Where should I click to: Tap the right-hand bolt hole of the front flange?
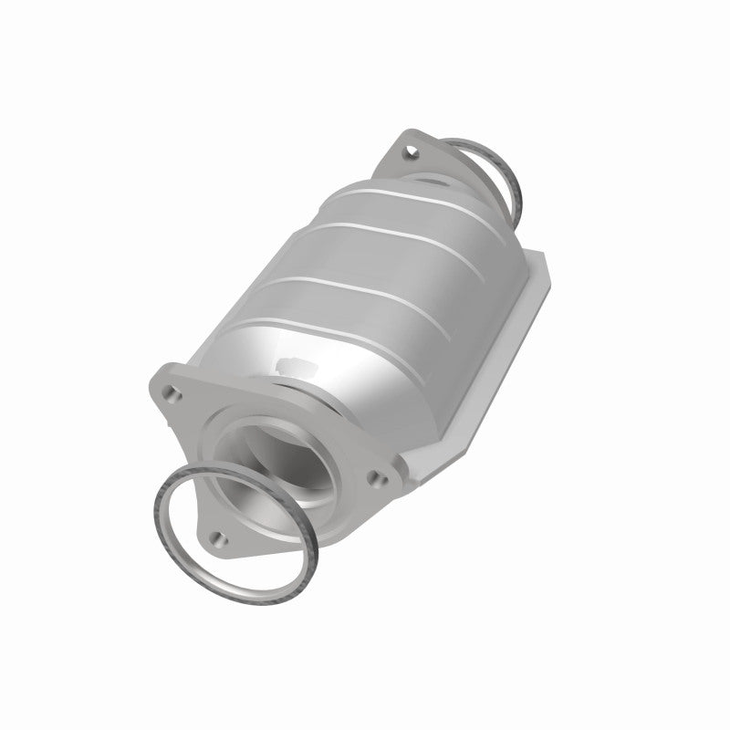[x=373, y=475]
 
